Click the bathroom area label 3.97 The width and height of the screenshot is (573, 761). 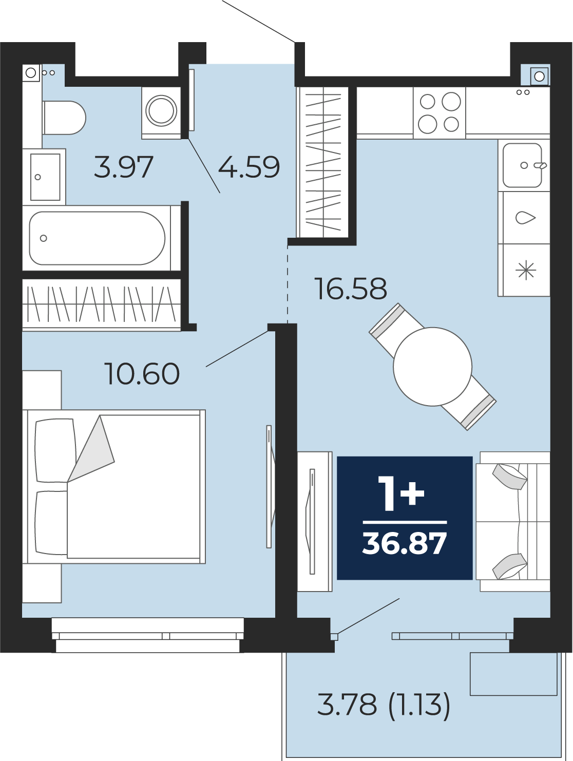pyautogui.click(x=123, y=167)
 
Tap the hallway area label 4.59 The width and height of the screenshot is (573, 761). pyautogui.click(x=249, y=167)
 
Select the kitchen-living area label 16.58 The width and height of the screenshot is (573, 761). pyautogui.click(x=351, y=289)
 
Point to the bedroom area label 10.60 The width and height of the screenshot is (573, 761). pyautogui.click(x=142, y=374)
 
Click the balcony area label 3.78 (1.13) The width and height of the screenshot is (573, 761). pyautogui.click(x=384, y=705)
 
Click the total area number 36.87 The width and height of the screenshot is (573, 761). pyautogui.click(x=404, y=544)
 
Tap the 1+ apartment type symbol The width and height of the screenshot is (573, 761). pyautogui.click(x=401, y=493)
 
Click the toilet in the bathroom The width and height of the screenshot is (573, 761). pyautogui.click(x=64, y=118)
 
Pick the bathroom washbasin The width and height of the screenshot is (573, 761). pyautogui.click(x=44, y=177)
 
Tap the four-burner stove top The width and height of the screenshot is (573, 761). pyautogui.click(x=439, y=112)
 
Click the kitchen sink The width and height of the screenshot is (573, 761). pyautogui.click(x=522, y=165)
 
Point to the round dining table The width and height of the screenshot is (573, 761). pyautogui.click(x=432, y=367)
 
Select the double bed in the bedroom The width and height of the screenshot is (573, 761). pyautogui.click(x=114, y=486)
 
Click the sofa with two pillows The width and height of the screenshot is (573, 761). pyautogui.click(x=513, y=521)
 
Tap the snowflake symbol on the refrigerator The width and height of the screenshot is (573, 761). pyautogui.click(x=526, y=270)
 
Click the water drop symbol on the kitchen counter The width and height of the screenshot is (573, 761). pyautogui.click(x=526, y=218)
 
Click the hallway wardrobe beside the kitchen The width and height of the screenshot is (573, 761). pyautogui.click(x=323, y=162)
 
